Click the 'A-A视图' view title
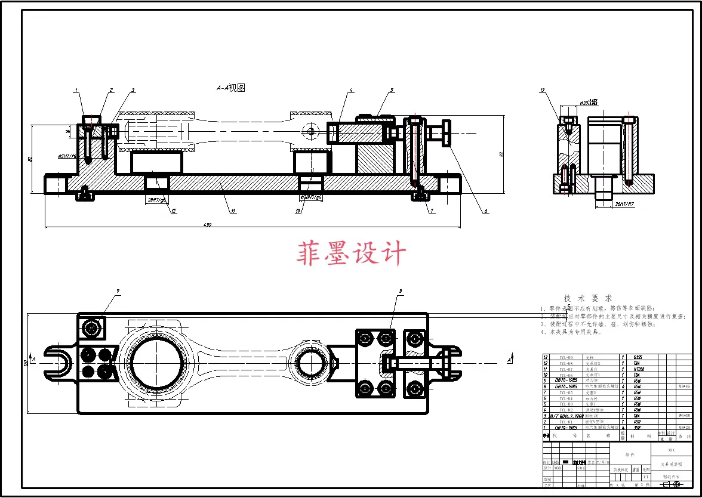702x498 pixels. click(x=230, y=88)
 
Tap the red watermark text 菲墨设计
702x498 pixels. click(x=352, y=253)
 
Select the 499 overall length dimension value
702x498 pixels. click(x=208, y=224)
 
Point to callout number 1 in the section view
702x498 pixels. click(x=76, y=91)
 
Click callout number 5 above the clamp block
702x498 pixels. click(x=392, y=91)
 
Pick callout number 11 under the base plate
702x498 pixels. click(x=233, y=211)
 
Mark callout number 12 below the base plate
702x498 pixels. click(x=174, y=211)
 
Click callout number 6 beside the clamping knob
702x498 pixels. click(x=486, y=211)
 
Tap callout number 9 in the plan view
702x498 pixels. click(x=118, y=291)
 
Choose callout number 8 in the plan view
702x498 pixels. click(x=401, y=291)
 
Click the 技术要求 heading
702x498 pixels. click(x=588, y=298)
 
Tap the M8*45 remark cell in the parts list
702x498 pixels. click(x=684, y=386)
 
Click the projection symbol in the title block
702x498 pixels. click(x=672, y=484)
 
